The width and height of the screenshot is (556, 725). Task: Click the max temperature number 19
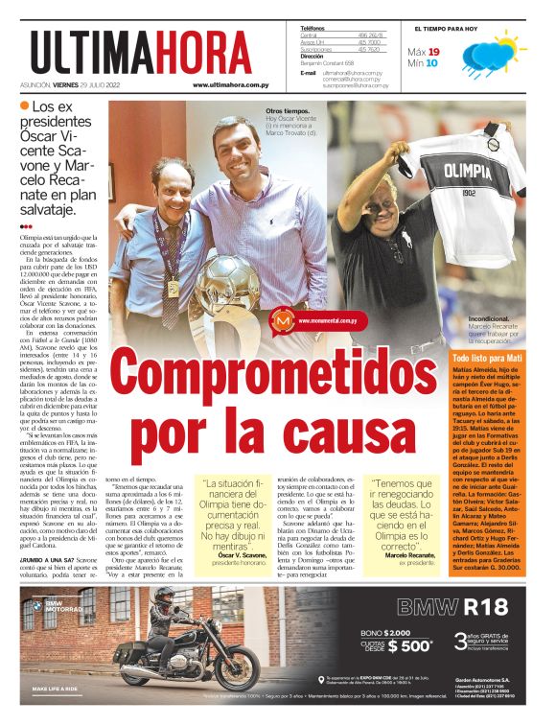click(x=433, y=52)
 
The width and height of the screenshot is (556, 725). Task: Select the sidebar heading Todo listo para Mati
click(x=487, y=358)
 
